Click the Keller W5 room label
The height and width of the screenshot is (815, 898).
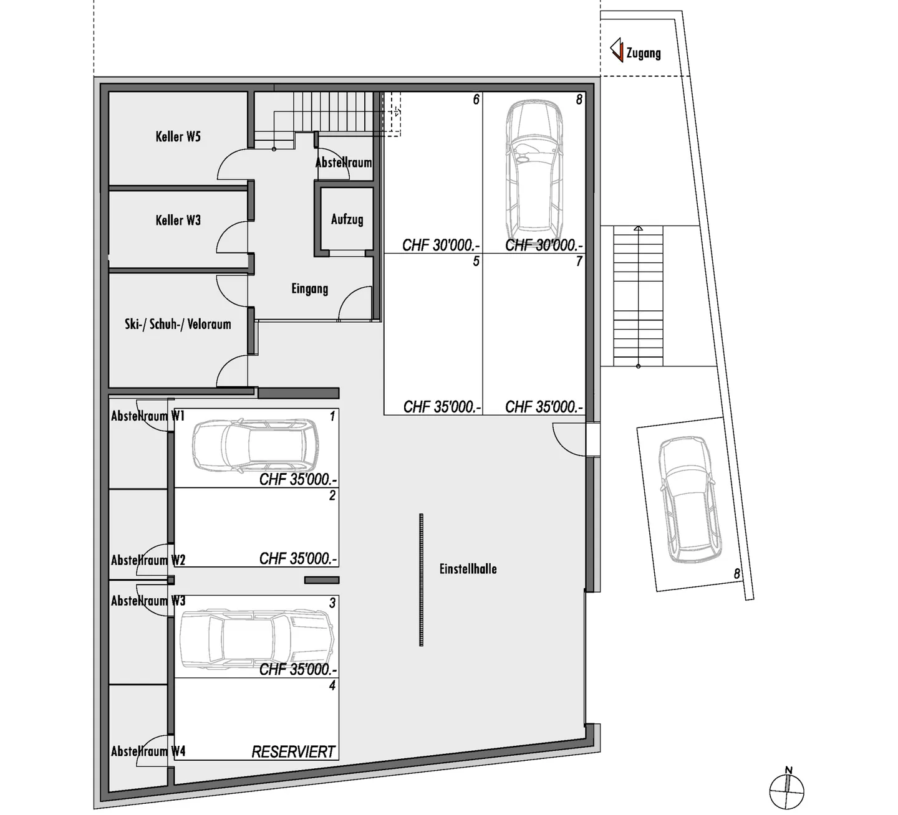pos(178,136)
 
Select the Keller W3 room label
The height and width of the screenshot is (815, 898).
pos(178,220)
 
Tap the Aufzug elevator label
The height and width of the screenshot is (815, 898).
pos(347,219)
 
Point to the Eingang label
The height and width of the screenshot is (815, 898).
pos(309,288)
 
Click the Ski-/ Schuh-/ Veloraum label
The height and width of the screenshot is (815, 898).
pos(178,324)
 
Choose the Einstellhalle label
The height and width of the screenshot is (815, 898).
pos(468,569)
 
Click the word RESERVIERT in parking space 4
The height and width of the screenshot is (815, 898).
pos(293,752)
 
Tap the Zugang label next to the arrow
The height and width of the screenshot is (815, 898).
pos(643,54)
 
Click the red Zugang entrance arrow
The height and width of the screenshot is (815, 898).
pos(617,50)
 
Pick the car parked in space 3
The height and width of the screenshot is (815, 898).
pos(256,641)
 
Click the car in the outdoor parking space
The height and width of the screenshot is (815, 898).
pos(688,498)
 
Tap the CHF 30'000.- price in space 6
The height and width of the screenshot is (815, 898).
pos(441,245)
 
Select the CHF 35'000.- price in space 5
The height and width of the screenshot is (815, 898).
pos(442,407)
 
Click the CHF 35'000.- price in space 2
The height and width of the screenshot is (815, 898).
pos(298,559)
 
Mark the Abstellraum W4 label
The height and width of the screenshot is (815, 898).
pos(148,751)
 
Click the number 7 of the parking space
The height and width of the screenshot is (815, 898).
pos(579,262)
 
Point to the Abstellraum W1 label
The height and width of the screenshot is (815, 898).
pos(148,416)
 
